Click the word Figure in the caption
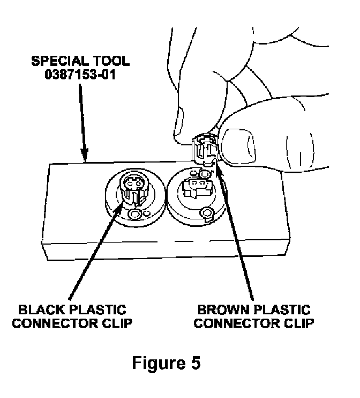coord(155,363)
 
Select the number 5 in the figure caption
coord(196,363)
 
